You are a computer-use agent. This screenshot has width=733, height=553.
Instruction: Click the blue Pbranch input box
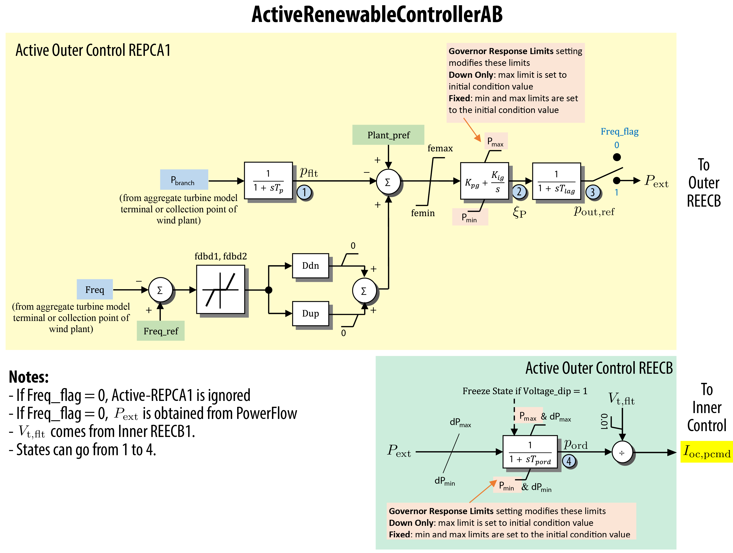[184, 179]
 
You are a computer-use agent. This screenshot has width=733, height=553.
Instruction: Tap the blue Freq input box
[95, 290]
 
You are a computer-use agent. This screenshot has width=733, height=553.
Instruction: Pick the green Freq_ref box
[161, 331]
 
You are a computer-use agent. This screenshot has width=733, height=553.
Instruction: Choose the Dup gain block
[310, 314]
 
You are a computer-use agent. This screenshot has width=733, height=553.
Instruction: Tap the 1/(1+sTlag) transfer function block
[556, 181]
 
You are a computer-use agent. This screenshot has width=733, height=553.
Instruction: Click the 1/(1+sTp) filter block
[268, 181]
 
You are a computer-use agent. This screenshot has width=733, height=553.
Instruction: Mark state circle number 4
[569, 461]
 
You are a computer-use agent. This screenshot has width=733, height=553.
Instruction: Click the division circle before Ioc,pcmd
[622, 453]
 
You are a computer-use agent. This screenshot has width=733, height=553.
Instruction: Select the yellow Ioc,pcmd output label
[706, 452]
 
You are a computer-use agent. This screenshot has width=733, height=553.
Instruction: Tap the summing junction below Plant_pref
[388, 182]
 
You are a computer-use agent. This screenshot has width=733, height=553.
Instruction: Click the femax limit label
[440, 148]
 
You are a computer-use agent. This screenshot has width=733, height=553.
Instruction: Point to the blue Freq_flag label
[619, 131]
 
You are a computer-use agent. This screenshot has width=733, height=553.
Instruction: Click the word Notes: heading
[29, 377]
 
